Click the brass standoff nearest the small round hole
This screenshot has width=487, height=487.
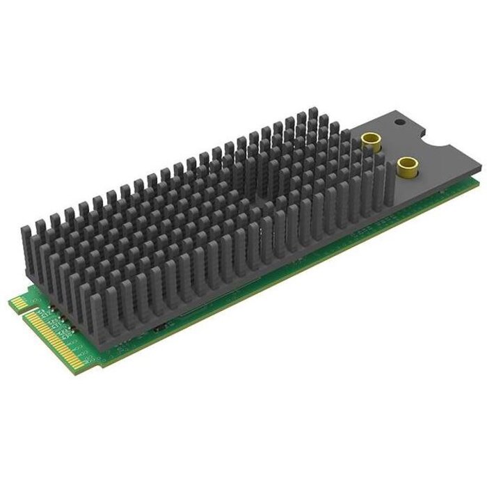point(369,142)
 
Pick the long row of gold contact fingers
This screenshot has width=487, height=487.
point(59,337)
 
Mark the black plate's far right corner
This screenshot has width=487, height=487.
point(481,168)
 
